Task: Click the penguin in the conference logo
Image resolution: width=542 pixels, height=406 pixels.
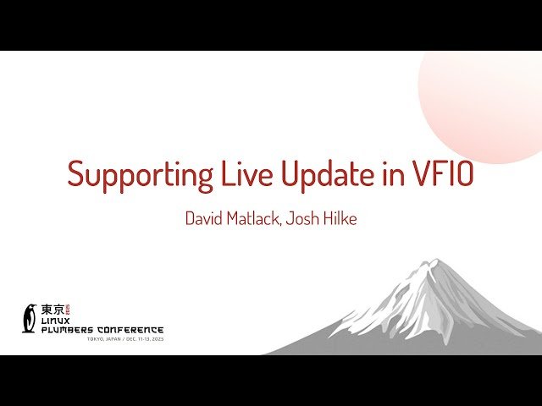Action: pyautogui.click(x=30, y=318)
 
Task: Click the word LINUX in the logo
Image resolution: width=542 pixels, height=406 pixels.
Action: pyautogui.click(x=58, y=321)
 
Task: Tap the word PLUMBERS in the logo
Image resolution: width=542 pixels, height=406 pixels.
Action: pyautogui.click(x=73, y=330)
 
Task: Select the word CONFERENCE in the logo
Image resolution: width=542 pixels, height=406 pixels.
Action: pyautogui.click(x=135, y=330)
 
